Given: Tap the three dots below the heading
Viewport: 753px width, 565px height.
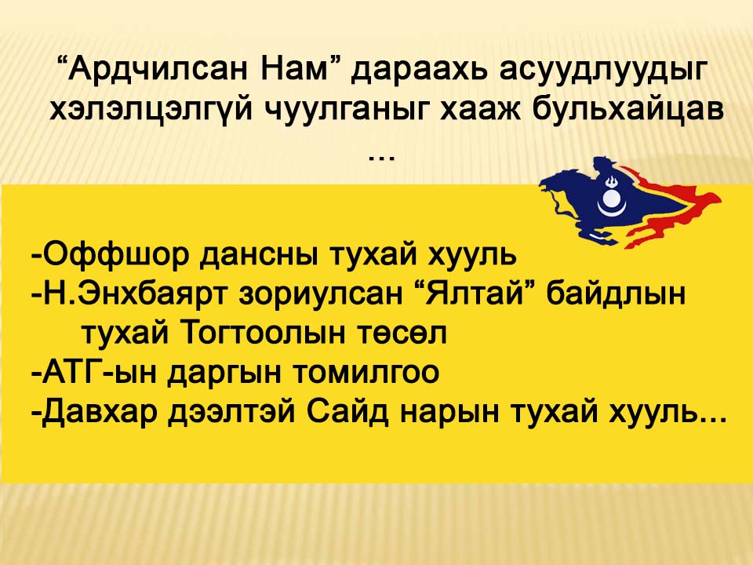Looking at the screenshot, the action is click(x=381, y=158).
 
